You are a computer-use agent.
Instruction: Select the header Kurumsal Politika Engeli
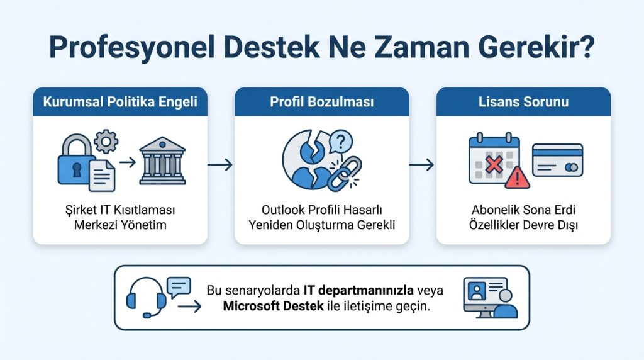pyautogui.click(x=119, y=102)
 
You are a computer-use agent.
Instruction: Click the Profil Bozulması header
pyautogui.click(x=321, y=102)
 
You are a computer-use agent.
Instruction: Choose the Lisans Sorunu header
pyautogui.click(x=523, y=102)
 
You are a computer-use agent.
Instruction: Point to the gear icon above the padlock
pyautogui.click(x=105, y=141)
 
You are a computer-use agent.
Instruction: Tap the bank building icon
pyautogui.click(x=162, y=161)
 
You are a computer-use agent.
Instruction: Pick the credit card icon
pyautogui.click(x=557, y=160)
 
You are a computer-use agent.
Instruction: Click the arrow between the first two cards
pyautogui.click(x=220, y=165)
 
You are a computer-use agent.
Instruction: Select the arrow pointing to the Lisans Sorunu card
pyautogui.click(x=422, y=165)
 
